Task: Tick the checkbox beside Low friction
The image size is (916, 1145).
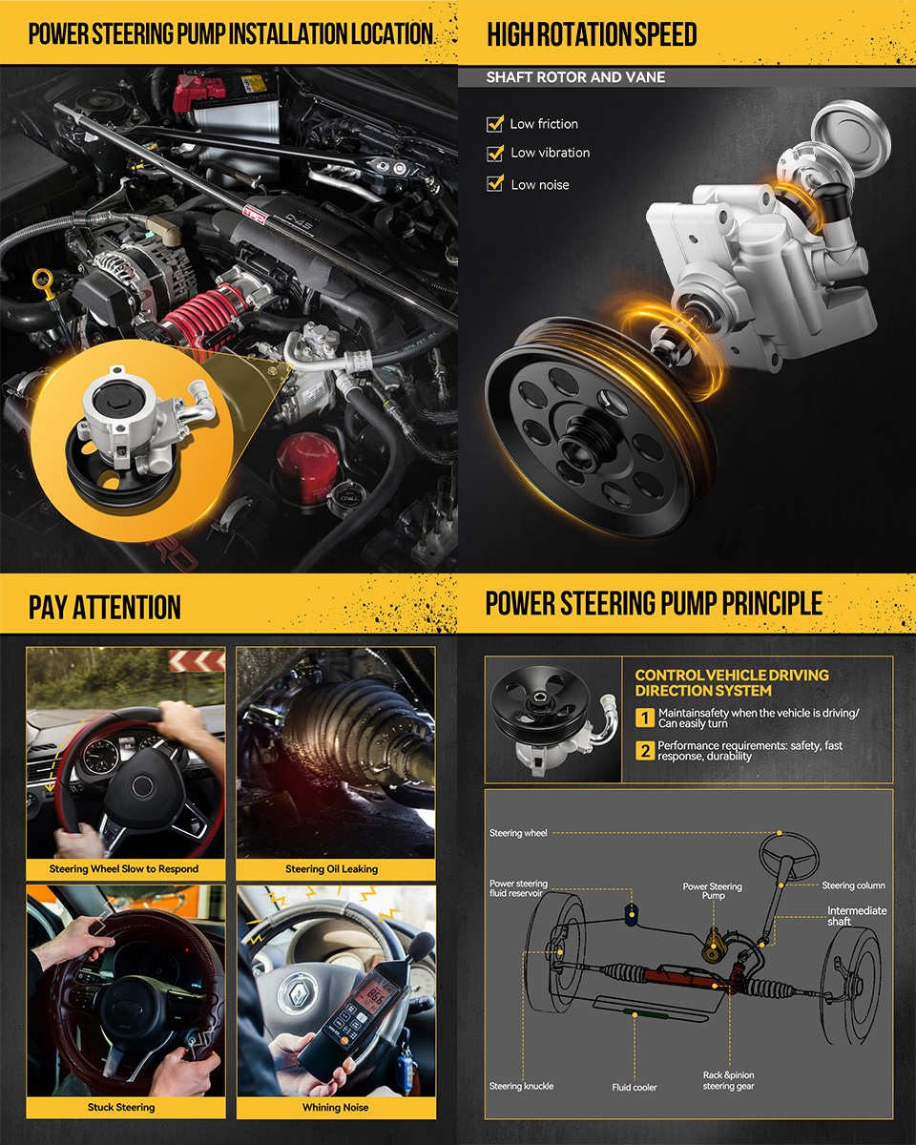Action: point(495,124)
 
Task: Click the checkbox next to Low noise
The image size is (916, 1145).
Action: point(495,183)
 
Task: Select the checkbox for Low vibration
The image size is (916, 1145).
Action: point(495,154)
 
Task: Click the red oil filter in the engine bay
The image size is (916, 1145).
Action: point(307,467)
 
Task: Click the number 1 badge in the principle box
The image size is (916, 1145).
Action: point(645,718)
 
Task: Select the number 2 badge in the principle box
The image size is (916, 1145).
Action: point(645,750)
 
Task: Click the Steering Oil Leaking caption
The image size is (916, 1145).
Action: point(332,869)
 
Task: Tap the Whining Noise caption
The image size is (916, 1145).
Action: point(335,1107)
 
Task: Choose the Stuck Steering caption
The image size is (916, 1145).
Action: point(121,1107)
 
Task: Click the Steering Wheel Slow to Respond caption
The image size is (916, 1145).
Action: point(123,869)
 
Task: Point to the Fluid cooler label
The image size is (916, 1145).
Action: point(635,1087)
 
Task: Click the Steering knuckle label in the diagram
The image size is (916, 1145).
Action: point(522,1086)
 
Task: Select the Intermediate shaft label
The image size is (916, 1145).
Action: point(857,916)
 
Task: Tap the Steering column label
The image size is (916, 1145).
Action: point(853,885)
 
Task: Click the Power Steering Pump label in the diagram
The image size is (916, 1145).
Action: point(712,890)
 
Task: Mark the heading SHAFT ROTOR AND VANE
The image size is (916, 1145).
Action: point(575,77)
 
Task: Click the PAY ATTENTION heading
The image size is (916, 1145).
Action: point(104,607)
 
